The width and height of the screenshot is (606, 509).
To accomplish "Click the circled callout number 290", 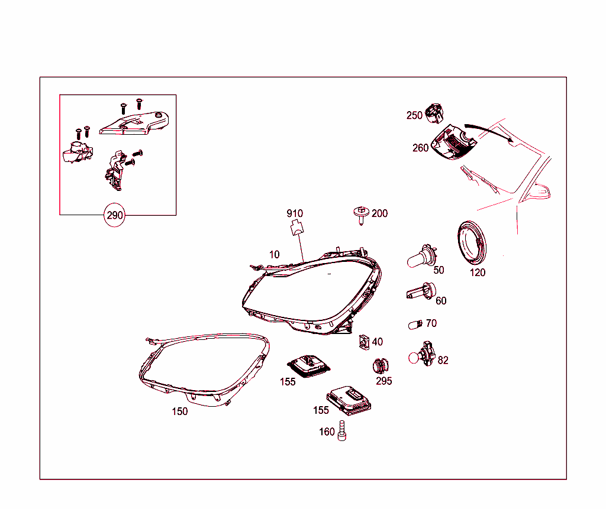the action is pyautogui.click(x=114, y=215).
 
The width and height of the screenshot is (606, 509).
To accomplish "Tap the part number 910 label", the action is pyautogui.click(x=295, y=213).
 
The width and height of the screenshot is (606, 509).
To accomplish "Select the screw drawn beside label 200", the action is pyautogui.click(x=361, y=216).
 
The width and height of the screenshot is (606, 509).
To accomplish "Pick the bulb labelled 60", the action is pyautogui.click(x=421, y=291).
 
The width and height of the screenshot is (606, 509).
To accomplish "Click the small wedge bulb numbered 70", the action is pyautogui.click(x=415, y=325).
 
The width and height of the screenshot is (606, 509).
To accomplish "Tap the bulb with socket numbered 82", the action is pyautogui.click(x=422, y=354).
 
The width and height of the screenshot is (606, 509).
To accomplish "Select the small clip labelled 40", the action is pyautogui.click(x=364, y=342).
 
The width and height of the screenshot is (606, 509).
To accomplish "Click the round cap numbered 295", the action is pyautogui.click(x=381, y=366).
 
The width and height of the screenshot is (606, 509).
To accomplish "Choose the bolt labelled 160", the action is pyautogui.click(x=341, y=430).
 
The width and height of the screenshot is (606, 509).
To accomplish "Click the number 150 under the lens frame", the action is pyautogui.click(x=180, y=411).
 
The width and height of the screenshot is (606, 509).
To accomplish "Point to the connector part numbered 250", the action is pyautogui.click(x=434, y=114).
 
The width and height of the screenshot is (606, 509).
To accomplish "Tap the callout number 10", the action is pyautogui.click(x=275, y=254).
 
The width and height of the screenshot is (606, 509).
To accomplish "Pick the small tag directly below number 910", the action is pyautogui.click(x=297, y=227).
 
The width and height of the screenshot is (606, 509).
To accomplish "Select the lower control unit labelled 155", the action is pyautogui.click(x=349, y=400).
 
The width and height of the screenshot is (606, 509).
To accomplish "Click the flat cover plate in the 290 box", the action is pyautogui.click(x=134, y=124).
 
